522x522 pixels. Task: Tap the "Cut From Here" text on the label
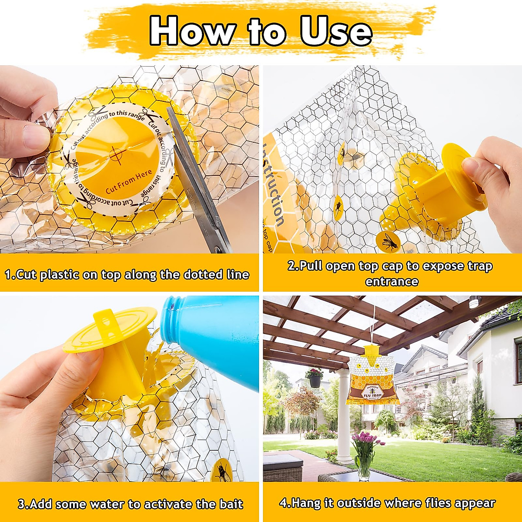tap(129, 182)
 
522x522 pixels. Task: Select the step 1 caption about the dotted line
tap(127, 274)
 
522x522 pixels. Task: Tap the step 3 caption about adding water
tap(130, 504)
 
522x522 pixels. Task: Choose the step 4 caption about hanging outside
tap(387, 503)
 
